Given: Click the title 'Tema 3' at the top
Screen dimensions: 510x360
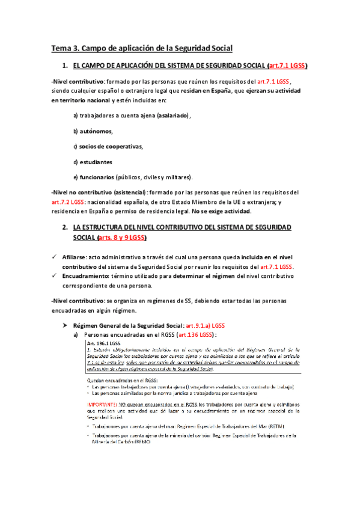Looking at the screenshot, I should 67,48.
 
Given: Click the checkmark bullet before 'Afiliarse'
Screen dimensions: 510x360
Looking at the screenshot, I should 54,257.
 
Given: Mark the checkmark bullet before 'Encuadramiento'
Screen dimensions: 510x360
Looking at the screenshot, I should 54,276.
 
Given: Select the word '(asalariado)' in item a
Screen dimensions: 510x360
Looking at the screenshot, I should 170,115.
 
